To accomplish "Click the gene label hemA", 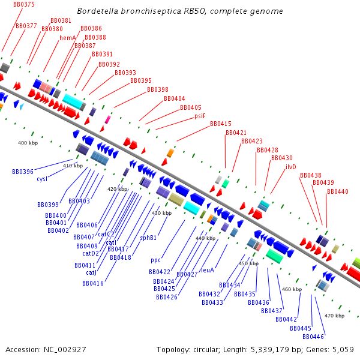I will (68, 38).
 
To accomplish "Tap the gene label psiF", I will (200, 116).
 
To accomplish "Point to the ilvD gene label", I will (291, 166).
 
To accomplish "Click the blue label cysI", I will (42, 179).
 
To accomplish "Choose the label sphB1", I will (149, 238).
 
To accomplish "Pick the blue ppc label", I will (156, 260).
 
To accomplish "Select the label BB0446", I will (313, 337).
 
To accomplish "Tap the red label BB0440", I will (338, 191).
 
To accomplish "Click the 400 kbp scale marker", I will (28, 143).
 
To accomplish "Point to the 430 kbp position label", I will (161, 213).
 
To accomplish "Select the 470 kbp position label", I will (334, 316).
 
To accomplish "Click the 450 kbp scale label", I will (248, 263).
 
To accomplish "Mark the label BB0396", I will (23, 172).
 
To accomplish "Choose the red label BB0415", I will (221, 124).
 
